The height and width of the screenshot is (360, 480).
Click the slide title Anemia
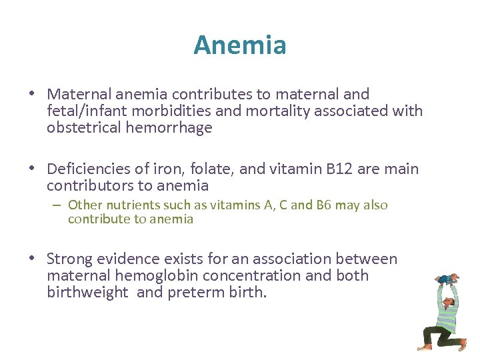240,45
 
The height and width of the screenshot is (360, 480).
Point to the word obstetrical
84,128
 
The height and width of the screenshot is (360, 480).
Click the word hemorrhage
169,128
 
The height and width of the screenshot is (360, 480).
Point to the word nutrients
128,205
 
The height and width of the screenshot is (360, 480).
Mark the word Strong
71,259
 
